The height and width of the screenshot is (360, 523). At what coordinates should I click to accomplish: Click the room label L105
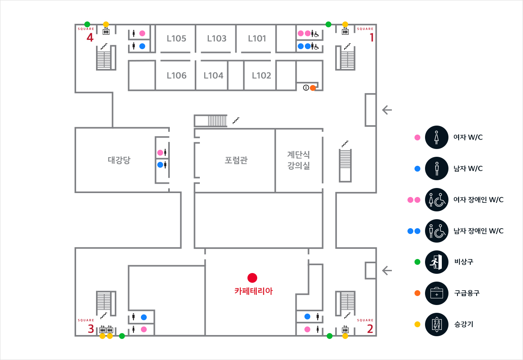tap(176, 39)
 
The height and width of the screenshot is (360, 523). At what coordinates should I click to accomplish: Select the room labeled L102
tap(261, 76)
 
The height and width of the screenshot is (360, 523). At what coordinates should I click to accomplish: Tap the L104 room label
tap(213, 76)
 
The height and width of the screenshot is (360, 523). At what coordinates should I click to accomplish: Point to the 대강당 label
tap(119, 160)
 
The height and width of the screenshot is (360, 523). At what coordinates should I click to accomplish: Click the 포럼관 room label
tap(236, 160)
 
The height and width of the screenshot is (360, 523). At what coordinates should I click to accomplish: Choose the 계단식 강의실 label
tap(299, 160)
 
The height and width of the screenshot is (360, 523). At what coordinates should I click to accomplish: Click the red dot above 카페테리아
tap(253, 278)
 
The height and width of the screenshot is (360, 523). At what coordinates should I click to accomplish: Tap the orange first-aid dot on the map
tap(313, 88)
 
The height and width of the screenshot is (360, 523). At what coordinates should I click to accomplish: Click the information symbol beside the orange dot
tap(306, 88)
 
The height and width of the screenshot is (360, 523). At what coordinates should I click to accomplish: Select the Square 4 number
tap(90, 38)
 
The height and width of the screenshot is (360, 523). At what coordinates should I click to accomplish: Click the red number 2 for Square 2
tap(370, 329)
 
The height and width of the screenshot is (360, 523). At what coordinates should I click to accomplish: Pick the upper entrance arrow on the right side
tap(387, 110)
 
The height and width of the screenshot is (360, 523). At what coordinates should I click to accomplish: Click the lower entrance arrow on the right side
tap(387, 270)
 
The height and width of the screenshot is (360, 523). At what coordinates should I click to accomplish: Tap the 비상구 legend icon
tap(436, 262)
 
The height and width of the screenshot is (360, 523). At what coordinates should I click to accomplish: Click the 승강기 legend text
tap(464, 324)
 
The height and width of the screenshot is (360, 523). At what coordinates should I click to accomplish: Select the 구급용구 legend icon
tap(436, 293)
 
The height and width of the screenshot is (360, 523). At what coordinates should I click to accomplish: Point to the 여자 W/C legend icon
tap(436, 137)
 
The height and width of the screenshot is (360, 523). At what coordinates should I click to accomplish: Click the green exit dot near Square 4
tap(87, 24)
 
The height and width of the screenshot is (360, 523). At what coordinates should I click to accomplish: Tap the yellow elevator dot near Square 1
tap(345, 24)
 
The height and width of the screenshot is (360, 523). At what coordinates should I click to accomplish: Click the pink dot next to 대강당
tap(160, 153)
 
